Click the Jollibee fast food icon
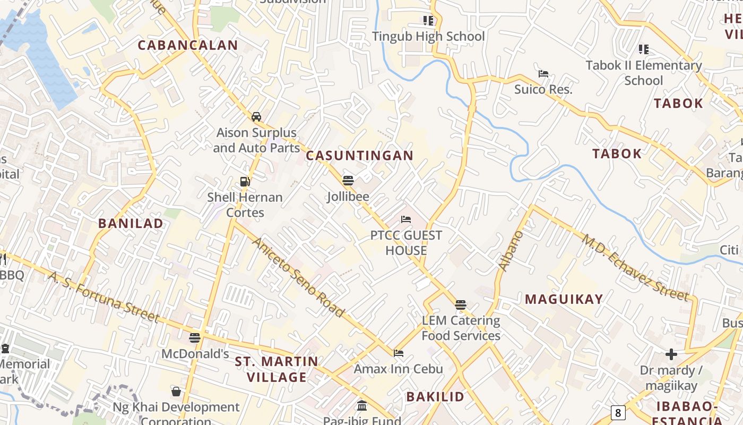pos(348,181)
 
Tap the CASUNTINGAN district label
pos(359,156)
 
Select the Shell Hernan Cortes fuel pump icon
pos(245,181)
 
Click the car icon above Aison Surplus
pos(256,116)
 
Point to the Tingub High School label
pos(428,36)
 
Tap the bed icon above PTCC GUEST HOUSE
pos(406,219)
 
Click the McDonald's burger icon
pos(195,337)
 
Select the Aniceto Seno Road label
pos(298,277)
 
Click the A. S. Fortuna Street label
pos(104,296)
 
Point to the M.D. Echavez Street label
pos(635,267)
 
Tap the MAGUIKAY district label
pos(564,299)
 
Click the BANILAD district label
pos(131,223)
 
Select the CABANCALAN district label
pos(188,45)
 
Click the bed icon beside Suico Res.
pos(543,74)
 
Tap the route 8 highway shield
pos(617,412)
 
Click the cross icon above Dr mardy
pos(671,354)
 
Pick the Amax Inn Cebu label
pos(398,369)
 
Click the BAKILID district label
pos(435,396)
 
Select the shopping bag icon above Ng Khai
pos(176,392)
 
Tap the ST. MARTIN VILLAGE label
pos(277,369)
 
